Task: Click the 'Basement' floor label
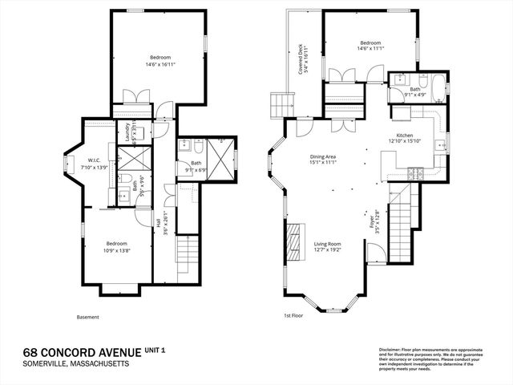(x=88, y=317)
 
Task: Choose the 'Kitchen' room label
(x=403, y=137)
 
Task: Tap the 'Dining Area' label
(x=323, y=156)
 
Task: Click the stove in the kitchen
(x=416, y=173)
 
